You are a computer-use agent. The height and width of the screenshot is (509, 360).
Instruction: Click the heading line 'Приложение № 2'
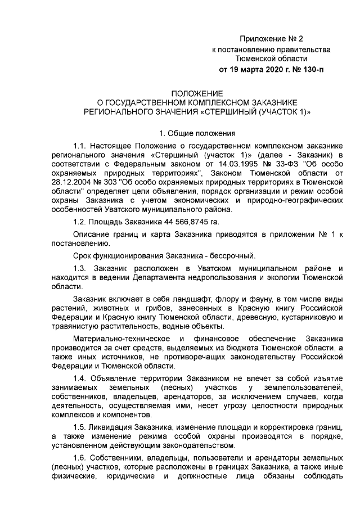click(x=271, y=39)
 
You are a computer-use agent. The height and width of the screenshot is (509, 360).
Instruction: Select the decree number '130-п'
click(x=313, y=70)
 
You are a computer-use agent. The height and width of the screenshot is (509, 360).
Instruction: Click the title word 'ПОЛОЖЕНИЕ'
click(x=197, y=93)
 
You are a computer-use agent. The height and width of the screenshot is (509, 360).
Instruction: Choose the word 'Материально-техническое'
click(x=120, y=339)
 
